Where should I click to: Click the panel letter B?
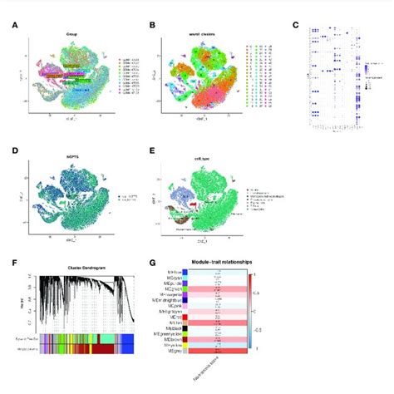pos(151,23)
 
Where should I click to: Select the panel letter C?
pos(296,23)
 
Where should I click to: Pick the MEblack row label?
pos(175,328)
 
